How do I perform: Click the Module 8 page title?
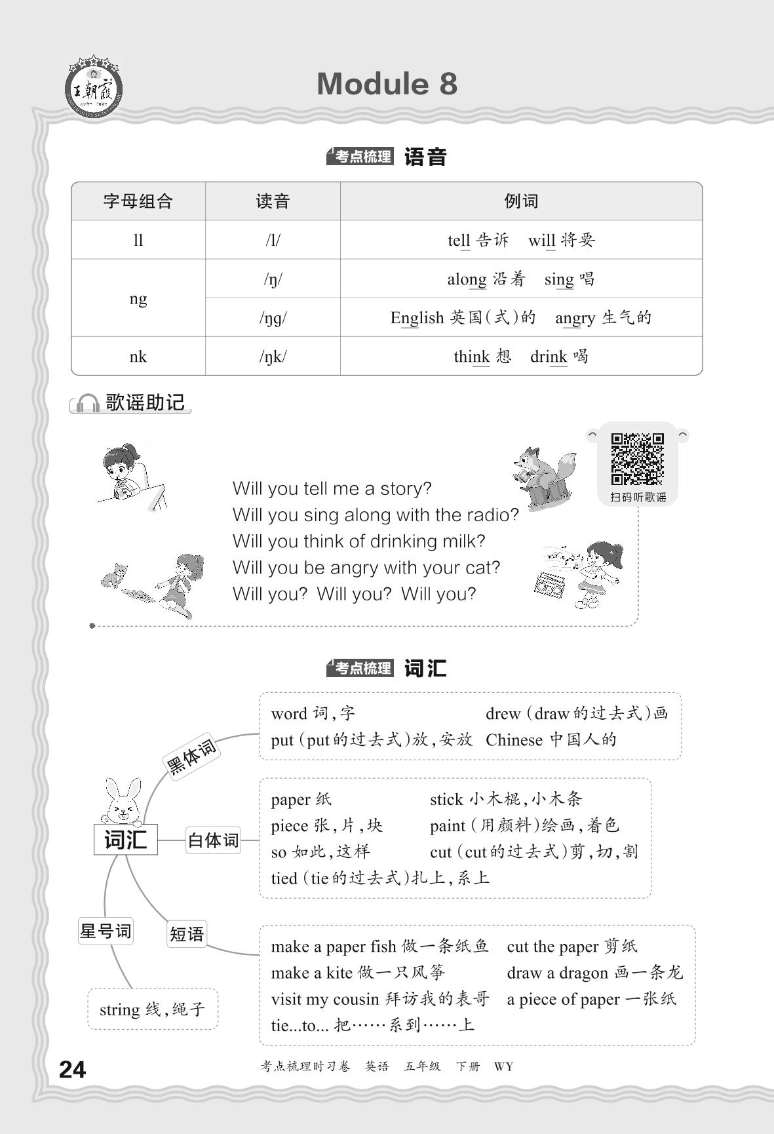pyautogui.click(x=387, y=84)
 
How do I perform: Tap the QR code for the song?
pyautogui.click(x=637, y=458)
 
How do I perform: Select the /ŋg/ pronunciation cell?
pyautogui.click(x=273, y=318)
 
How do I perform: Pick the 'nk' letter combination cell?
pyautogui.click(x=138, y=357)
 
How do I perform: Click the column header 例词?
pyautogui.click(x=521, y=201)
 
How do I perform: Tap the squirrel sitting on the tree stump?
pyautogui.click(x=543, y=476)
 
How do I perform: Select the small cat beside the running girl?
pyautogui.click(x=114, y=575)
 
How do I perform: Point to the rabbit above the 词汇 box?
pyautogui.click(x=123, y=801)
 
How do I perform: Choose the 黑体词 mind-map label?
pyautogui.click(x=191, y=756)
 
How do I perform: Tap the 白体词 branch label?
pyautogui.click(x=213, y=840)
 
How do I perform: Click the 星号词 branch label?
pyautogui.click(x=106, y=931)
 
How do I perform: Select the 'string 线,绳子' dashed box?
pyautogui.click(x=152, y=1009)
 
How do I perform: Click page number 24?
pyautogui.click(x=72, y=1070)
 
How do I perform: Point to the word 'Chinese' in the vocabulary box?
pyautogui.click(x=514, y=740)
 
